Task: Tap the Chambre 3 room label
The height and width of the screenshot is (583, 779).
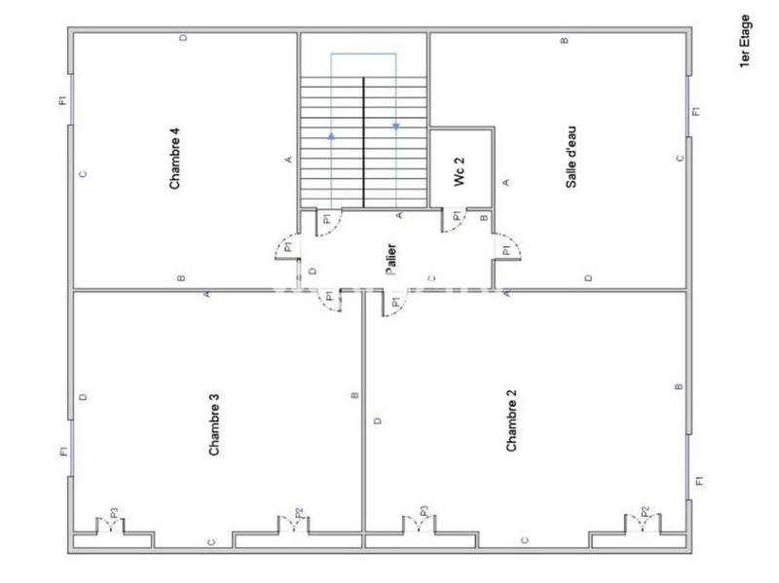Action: pyautogui.click(x=214, y=423)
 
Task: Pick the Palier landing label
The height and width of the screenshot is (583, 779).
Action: pyautogui.click(x=390, y=260)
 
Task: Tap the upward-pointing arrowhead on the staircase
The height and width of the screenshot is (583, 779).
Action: pyautogui.click(x=331, y=136)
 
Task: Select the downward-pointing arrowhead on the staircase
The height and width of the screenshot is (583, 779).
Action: pyautogui.click(x=396, y=125)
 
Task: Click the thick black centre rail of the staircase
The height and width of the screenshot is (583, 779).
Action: pyautogui.click(x=363, y=141)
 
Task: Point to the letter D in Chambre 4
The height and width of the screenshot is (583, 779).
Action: pyautogui.click(x=183, y=38)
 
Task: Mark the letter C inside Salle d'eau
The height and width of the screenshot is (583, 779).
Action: pyautogui.click(x=680, y=158)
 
